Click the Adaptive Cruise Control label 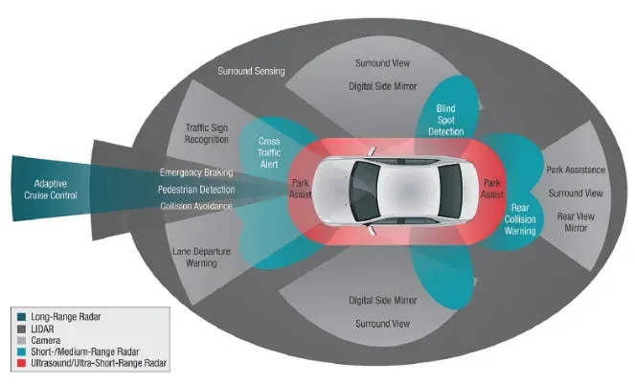coord(51,190)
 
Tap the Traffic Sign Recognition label coord(207,133)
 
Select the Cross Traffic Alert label coord(269,152)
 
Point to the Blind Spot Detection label coord(445,120)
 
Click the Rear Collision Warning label coord(520,219)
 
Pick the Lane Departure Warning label coord(201,257)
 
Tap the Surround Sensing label coord(251,71)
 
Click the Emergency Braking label coord(196,172)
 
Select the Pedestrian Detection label coord(196,190)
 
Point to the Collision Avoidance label coord(196,206)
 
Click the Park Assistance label coord(576,170)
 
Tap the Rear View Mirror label coord(576,222)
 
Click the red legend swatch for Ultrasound coord(21,363)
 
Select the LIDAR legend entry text coord(42,328)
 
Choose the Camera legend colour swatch coord(21,341)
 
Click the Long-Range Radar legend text coord(66,317)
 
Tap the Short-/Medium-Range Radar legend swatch coord(21,351)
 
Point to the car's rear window coord(449,192)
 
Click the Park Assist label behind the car coord(492,189)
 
